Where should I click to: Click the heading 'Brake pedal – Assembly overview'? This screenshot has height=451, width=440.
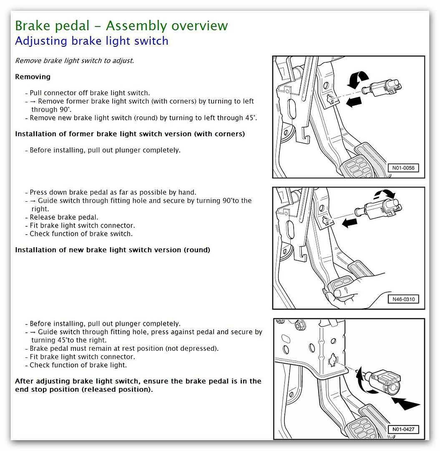(121, 25)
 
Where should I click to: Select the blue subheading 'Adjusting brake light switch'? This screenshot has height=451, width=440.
(92, 41)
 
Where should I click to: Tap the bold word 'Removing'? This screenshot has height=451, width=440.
(33, 77)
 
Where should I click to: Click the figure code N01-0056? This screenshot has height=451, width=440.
(403, 168)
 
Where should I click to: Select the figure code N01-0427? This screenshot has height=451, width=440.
(403, 429)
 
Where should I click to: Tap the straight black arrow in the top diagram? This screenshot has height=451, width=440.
(354, 102)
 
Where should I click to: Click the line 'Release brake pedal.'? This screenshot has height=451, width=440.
(64, 217)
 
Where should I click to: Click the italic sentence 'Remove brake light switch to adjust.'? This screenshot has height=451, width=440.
(74, 61)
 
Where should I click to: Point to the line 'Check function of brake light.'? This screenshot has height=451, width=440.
(78, 365)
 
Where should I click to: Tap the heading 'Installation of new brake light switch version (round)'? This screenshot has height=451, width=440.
(113, 250)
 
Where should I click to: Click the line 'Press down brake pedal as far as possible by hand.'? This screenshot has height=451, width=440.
(113, 193)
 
